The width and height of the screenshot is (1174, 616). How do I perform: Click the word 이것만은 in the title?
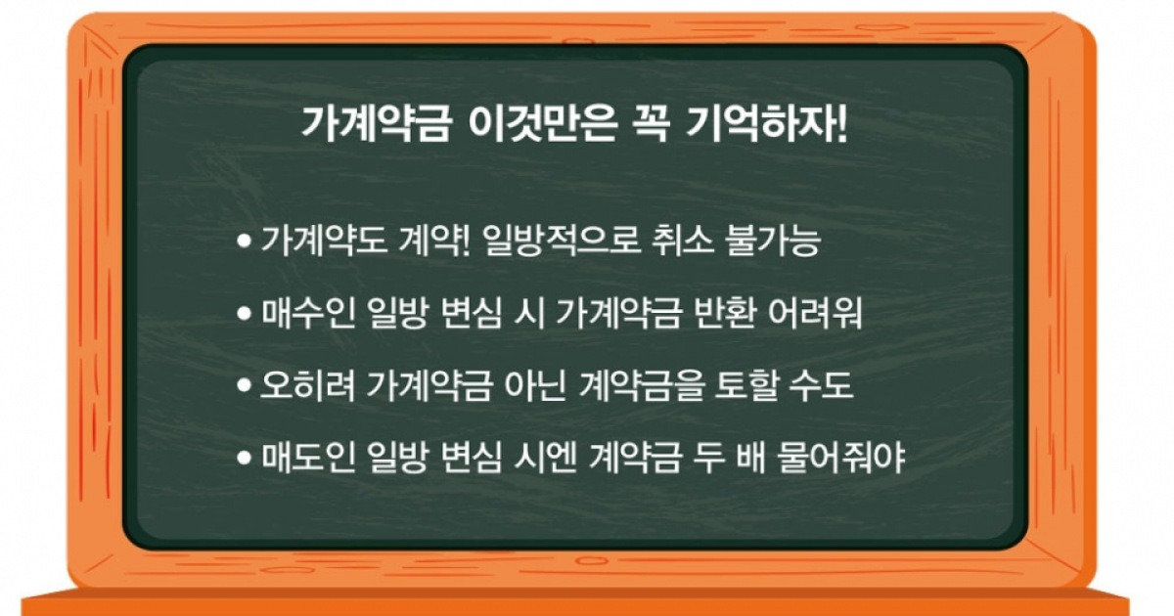tap(542, 125)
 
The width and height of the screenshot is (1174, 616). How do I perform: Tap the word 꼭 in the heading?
tap(652, 125)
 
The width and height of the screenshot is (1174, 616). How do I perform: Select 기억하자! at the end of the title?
tap(767, 125)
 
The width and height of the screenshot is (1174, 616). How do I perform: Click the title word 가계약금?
tap(376, 125)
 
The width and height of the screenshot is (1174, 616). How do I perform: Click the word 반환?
tap(724, 313)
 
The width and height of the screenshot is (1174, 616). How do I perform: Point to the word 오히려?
tap(307, 385)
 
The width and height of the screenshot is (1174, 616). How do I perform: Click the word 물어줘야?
tap(841, 458)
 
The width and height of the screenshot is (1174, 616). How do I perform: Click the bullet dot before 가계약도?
tap(245, 242)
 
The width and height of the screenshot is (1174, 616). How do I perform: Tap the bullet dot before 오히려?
tap(245, 385)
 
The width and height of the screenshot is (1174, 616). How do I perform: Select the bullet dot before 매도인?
tap(245, 458)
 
